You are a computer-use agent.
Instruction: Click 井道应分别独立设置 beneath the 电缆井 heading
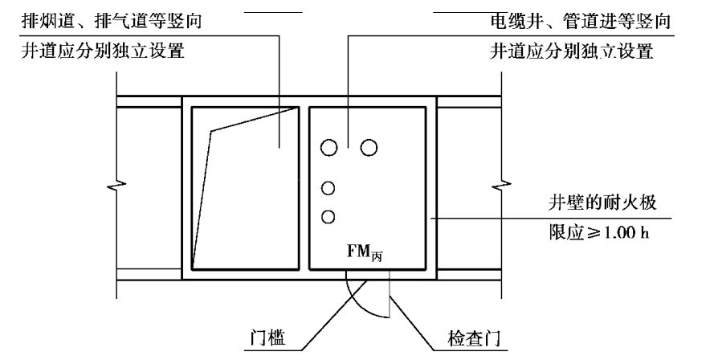click(x=570, y=55)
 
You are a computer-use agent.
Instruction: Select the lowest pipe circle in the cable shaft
click(x=328, y=216)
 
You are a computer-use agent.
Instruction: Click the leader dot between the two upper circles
click(x=348, y=146)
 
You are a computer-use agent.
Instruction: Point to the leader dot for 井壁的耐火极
click(x=431, y=217)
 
